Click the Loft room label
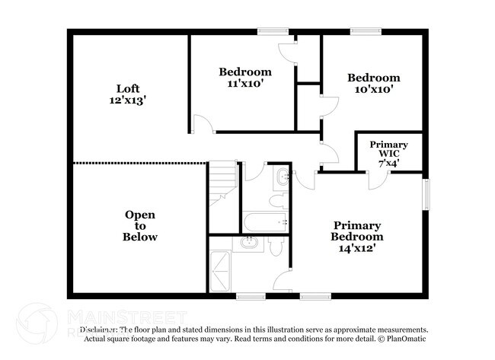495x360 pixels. [127, 87]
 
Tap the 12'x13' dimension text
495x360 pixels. [127, 99]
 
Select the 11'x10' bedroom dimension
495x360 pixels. [244, 84]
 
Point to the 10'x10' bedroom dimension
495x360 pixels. [373, 89]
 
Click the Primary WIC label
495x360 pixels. [388, 149]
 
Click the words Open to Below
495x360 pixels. [140, 226]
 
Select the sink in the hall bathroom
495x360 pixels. [282, 177]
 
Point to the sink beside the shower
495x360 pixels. [248, 244]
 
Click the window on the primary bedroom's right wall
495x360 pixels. [426, 196]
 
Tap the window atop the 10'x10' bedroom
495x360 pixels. [366, 30]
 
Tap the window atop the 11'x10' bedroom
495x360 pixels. [273, 30]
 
